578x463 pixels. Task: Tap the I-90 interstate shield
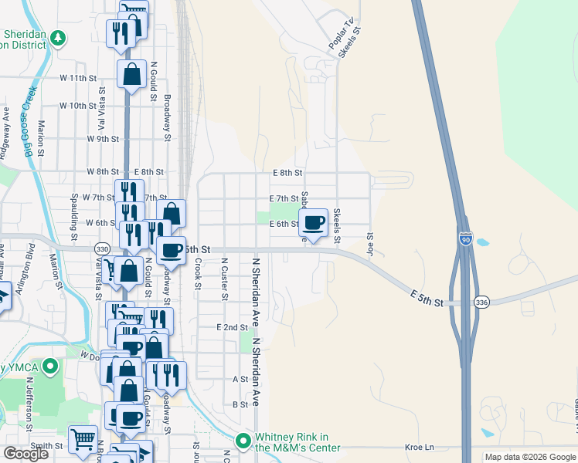465,240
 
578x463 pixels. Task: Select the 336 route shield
481,301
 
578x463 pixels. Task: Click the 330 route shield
103,248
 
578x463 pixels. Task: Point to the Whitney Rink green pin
243,441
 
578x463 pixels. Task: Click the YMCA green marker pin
51,366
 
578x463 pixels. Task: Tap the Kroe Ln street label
420,447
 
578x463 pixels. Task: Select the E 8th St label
287,173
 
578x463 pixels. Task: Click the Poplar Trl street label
339,38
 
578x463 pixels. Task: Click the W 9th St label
103,139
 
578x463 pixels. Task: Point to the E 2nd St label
232,328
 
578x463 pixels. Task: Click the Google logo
26,454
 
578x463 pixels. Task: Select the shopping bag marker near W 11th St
132,75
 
